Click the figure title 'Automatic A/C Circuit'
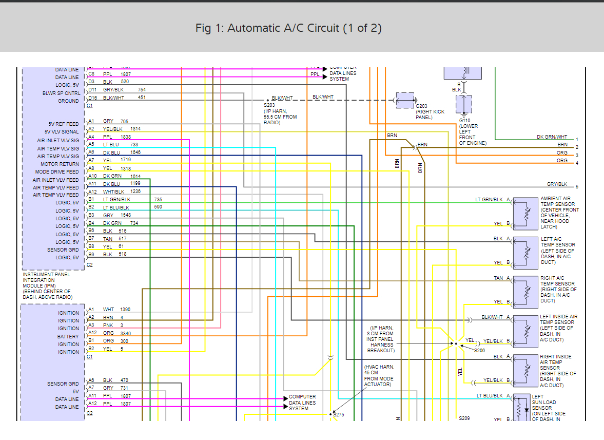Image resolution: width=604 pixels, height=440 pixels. pyautogui.click(x=288, y=28)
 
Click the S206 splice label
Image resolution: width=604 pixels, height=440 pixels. pyautogui.click(x=479, y=350)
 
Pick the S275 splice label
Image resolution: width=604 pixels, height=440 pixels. pyautogui.click(x=339, y=414)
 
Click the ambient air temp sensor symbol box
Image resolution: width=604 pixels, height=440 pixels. pyautogui.click(x=525, y=212)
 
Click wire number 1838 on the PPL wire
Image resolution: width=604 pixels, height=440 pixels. pyautogui.click(x=125, y=137)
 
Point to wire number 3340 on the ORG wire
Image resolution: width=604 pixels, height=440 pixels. pyautogui.click(x=126, y=333)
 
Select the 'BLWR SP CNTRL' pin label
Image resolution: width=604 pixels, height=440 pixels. pyautogui.click(x=61, y=93)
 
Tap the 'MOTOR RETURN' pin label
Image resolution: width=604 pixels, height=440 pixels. pyautogui.click(x=60, y=164)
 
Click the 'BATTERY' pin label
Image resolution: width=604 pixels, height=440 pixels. pyautogui.click(x=69, y=336)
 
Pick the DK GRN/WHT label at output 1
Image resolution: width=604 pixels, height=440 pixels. pyautogui.click(x=552, y=137)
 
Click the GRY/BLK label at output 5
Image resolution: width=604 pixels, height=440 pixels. pyautogui.click(x=557, y=184)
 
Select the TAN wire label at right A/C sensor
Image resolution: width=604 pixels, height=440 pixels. pyautogui.click(x=498, y=278)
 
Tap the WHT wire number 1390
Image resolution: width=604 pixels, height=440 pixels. pyautogui.click(x=125, y=310)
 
